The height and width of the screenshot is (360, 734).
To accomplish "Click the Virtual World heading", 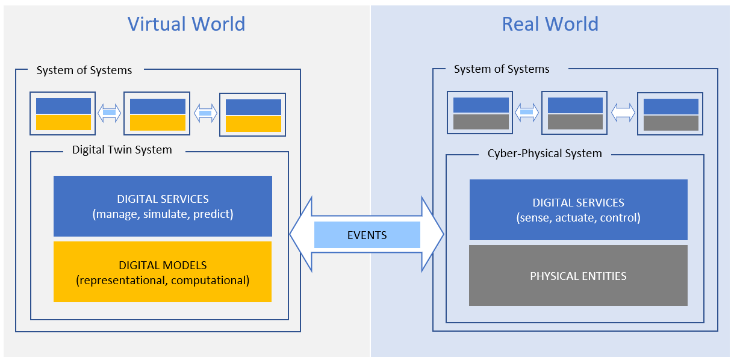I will click(186, 24).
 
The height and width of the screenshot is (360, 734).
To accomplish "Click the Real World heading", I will click(550, 24).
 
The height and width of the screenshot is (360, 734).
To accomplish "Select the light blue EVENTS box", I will click(367, 235).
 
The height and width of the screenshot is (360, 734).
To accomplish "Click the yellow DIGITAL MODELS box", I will click(163, 272).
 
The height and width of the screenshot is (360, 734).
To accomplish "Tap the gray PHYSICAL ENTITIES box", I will click(578, 276).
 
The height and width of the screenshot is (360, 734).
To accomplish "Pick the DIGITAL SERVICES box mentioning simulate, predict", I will click(163, 206).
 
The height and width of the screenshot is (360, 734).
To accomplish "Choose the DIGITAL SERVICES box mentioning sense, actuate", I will click(578, 209).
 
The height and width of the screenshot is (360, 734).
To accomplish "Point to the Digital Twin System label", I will click(122, 150).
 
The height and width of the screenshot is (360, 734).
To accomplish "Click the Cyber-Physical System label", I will click(544, 154).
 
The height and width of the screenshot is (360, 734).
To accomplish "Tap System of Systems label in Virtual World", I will click(84, 70).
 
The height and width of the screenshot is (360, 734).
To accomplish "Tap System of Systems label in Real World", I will click(502, 69).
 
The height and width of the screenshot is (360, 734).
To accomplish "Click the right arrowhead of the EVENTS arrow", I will click(434, 234).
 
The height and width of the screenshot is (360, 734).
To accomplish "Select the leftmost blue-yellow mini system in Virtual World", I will click(63, 114).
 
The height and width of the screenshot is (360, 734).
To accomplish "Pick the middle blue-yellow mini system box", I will click(157, 114).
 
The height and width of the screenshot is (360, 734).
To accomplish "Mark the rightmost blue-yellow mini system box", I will click(253, 114).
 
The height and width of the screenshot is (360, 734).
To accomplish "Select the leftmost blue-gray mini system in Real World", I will click(481, 113).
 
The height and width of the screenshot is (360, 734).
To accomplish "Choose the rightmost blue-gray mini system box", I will click(671, 114).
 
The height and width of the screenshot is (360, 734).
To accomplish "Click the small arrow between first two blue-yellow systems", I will click(110, 113).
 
